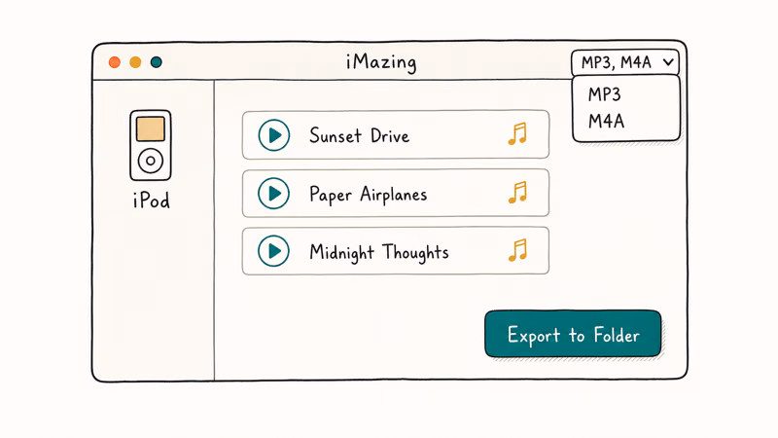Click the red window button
tap(115, 62)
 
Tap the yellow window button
tap(135, 62)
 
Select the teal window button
tap(157, 62)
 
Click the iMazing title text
tap(381, 62)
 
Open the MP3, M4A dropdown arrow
tap(668, 62)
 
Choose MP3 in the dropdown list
tap(604, 94)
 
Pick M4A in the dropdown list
tap(606, 121)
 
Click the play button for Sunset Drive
tap(274, 135)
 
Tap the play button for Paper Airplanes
tap(274, 193)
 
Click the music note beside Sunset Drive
tap(517, 134)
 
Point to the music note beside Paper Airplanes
tap(517, 192)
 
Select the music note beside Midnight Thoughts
tap(517, 250)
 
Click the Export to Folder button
tap(573, 334)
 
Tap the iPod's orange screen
tap(151, 129)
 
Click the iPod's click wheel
tap(151, 161)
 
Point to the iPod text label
tap(152, 201)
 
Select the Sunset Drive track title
tap(360, 135)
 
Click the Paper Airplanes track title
tap(369, 194)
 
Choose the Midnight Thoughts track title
tap(379, 252)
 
